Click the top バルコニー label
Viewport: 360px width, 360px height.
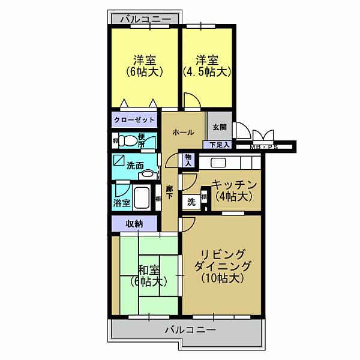click(145, 20)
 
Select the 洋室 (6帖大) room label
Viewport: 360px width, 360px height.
click(144, 66)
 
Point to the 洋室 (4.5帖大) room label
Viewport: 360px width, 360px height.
click(206, 66)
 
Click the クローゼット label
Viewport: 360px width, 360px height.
click(134, 119)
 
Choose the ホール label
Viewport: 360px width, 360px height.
click(182, 133)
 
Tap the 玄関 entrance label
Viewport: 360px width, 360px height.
click(219, 127)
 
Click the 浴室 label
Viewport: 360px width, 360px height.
click(122, 203)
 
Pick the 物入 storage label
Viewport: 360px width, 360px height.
click(188, 159)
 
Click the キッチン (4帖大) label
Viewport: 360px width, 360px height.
click(234, 190)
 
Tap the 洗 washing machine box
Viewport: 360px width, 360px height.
click(191, 202)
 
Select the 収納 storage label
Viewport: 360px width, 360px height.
click(134, 223)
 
